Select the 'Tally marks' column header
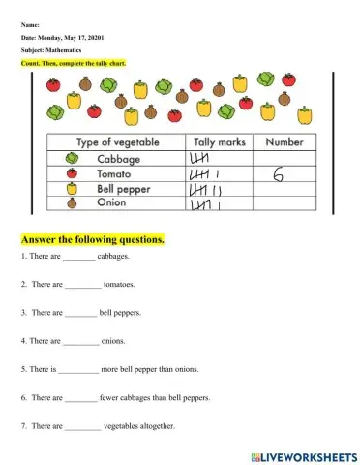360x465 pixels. pyautogui.click(x=221, y=142)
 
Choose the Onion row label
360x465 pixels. pyautogui.click(x=113, y=204)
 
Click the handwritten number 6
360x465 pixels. pyautogui.click(x=278, y=175)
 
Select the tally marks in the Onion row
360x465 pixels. pyautogui.click(x=209, y=204)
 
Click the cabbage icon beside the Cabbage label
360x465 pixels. pyautogui.click(x=71, y=158)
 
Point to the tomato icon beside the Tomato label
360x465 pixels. pyautogui.click(x=71, y=173)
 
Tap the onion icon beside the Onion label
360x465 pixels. pyautogui.click(x=71, y=204)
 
